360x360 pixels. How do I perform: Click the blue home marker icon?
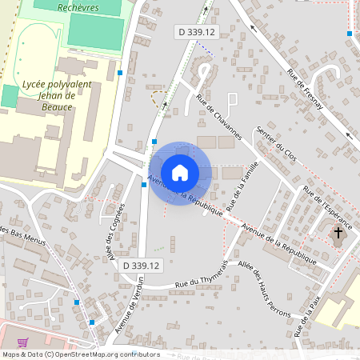(180, 173)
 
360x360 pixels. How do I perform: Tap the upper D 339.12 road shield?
(197, 32)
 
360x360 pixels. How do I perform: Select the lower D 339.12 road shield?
(142, 265)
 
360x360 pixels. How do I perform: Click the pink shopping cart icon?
(23, 342)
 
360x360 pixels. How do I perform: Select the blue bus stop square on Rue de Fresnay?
(350, 34)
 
